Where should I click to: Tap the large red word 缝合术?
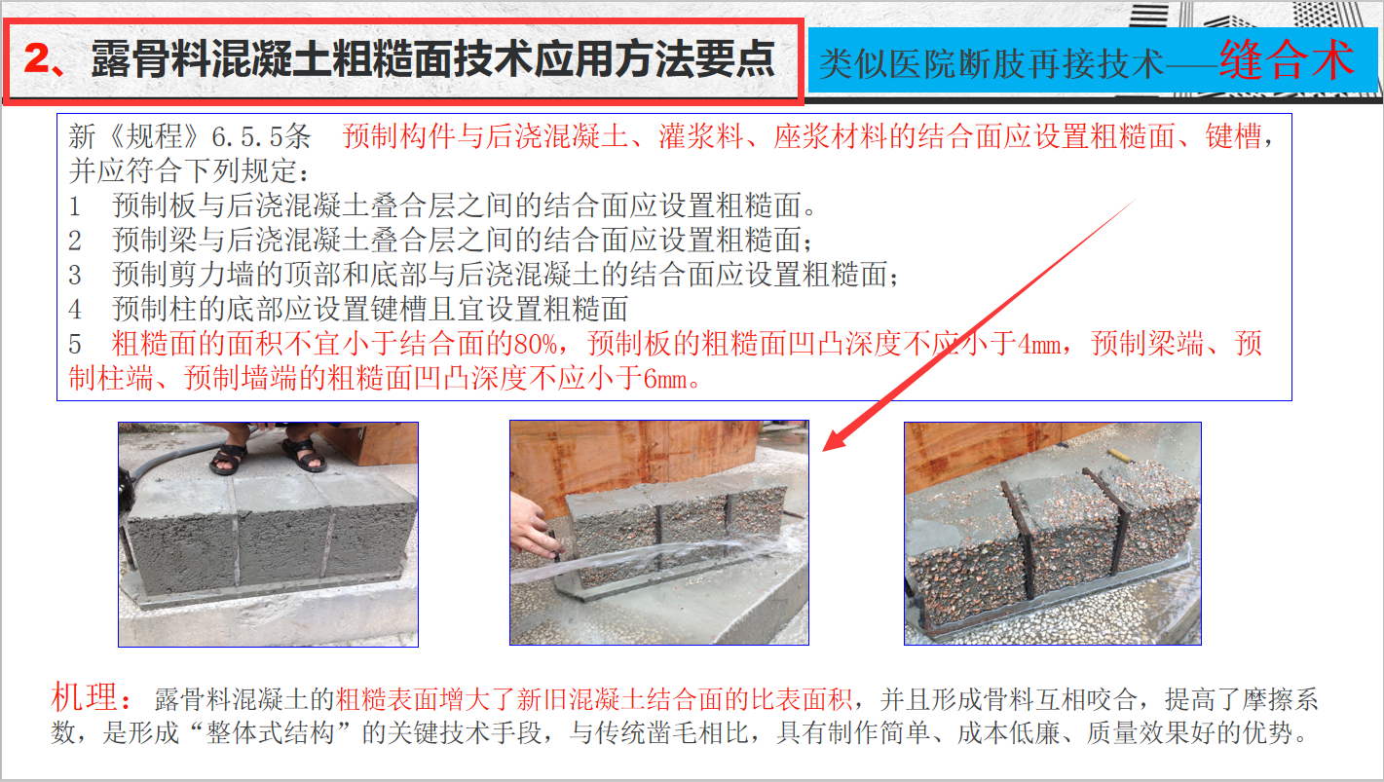coord(1287,59)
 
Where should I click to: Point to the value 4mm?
coord(1039,344)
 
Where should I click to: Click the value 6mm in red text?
coord(665,379)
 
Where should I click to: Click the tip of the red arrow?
coord(824,452)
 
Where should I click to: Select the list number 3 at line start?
coord(75,275)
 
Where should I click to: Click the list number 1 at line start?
coord(75,205)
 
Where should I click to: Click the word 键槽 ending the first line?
coord(1233,136)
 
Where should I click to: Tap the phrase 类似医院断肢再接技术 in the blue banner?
coord(991,64)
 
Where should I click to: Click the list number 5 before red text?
coord(75,344)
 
